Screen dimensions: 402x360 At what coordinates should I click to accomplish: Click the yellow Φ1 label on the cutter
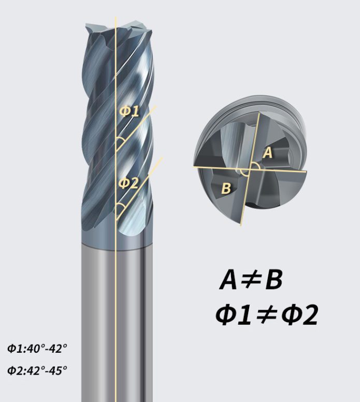tap(129, 111)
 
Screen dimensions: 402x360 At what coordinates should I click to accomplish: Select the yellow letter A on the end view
tap(267, 152)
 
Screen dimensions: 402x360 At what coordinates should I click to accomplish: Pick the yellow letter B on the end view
tap(226, 188)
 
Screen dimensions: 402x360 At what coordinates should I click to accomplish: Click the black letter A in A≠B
tap(230, 280)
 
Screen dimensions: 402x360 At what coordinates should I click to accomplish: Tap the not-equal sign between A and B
tap(251, 281)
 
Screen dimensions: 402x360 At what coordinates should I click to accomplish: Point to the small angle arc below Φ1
tap(120, 141)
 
